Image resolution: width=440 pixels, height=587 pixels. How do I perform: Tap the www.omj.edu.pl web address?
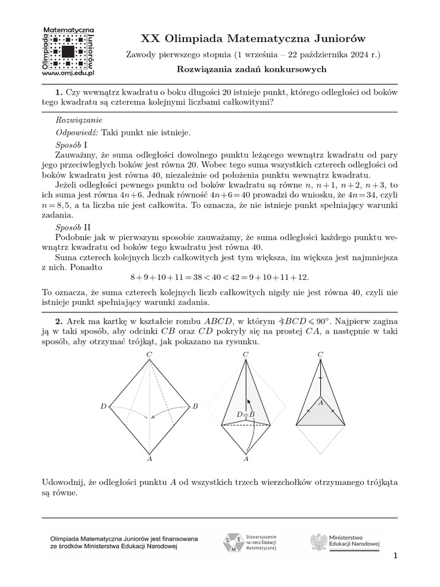tap(68, 73)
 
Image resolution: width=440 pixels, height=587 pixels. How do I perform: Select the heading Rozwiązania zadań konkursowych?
tap(252, 69)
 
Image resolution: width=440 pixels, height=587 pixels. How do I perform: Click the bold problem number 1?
tap(58, 92)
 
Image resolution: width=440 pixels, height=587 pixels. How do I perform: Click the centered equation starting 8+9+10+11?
tap(219, 277)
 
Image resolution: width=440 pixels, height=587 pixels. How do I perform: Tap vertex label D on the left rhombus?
tap(103, 406)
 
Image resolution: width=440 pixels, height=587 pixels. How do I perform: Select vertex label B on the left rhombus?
tap(195, 406)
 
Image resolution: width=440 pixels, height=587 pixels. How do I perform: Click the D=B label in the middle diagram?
tap(245, 414)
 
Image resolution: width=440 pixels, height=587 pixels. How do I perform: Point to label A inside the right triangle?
tap(321, 403)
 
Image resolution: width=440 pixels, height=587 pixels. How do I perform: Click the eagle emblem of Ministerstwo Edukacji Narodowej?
tap(318, 542)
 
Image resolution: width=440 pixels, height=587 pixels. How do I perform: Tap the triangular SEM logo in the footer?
tap(232, 542)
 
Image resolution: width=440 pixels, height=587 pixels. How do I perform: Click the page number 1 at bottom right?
tap(395, 555)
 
